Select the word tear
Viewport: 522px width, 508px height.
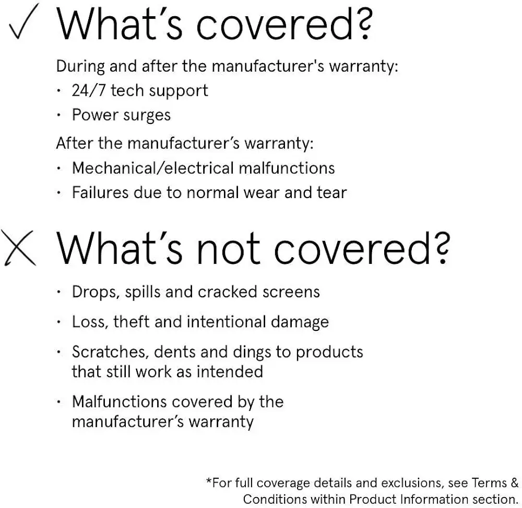[x=331, y=192]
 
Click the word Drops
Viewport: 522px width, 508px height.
[x=96, y=292]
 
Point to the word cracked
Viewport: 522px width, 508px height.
[x=228, y=292]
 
